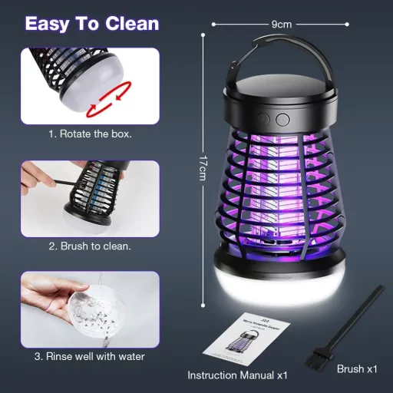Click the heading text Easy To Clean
pos(92,22)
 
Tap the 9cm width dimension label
pos(282,24)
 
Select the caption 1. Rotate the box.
pos(91,134)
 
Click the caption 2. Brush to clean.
pos(91,246)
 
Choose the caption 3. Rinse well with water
pos(91,355)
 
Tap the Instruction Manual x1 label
pos(238,375)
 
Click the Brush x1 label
pos(357,369)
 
